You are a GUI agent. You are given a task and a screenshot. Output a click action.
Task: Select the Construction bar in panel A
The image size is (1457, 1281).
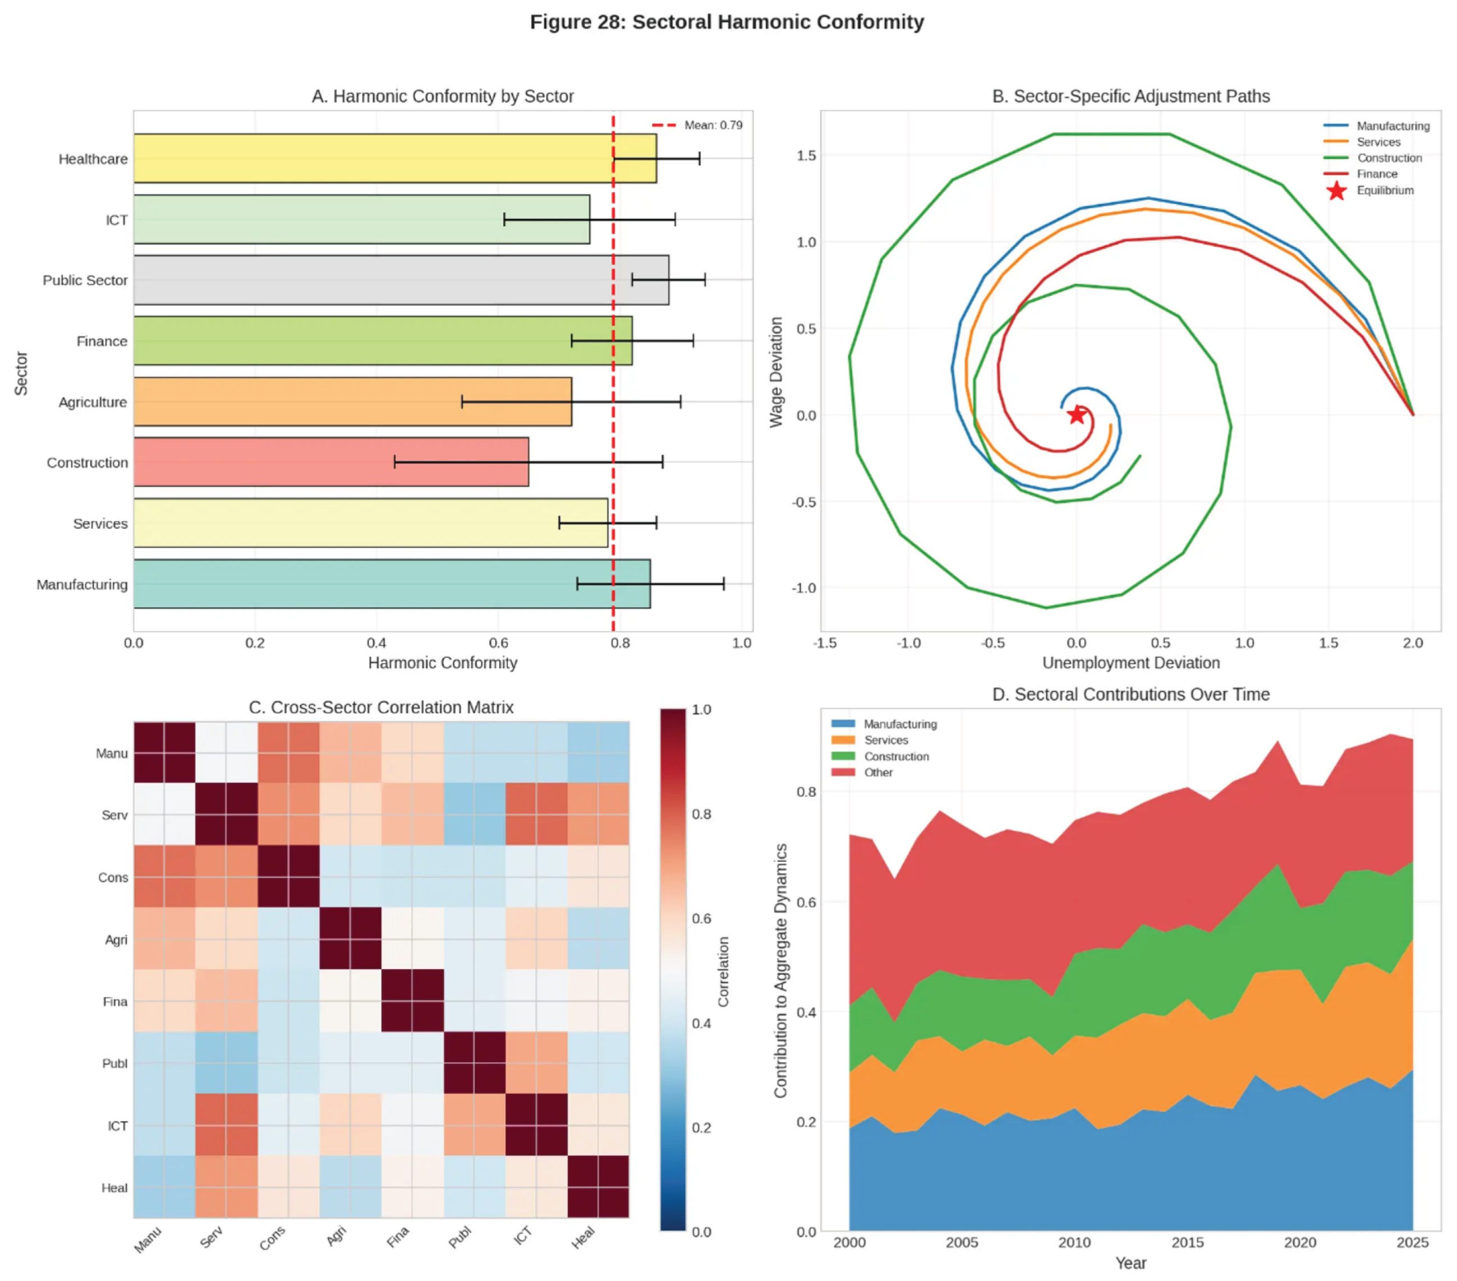coord(331,463)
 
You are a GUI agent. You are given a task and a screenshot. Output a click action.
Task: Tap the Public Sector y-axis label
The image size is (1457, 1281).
coord(85,280)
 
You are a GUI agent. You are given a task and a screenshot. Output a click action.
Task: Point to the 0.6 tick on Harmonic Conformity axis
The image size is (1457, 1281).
coord(498,642)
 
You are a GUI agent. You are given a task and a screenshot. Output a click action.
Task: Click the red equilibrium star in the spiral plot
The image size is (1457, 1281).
coord(1077,415)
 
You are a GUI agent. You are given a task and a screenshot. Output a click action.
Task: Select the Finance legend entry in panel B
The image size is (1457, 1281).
coord(1376,174)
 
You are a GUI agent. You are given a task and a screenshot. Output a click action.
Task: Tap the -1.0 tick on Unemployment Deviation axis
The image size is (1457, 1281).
coord(908,642)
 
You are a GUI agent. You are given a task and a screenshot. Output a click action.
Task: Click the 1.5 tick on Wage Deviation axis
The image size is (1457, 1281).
coord(806,155)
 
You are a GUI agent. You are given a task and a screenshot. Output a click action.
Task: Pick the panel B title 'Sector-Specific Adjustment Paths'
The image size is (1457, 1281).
coord(1130,96)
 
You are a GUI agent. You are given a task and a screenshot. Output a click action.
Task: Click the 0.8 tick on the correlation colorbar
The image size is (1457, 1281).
coord(701,813)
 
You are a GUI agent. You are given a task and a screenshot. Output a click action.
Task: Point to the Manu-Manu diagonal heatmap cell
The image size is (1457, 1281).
coord(164,752)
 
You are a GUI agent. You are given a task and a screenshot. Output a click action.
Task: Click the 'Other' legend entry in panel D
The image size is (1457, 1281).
coord(878,773)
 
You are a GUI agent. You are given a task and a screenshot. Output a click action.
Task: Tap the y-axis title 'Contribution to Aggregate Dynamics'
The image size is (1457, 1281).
coord(780,970)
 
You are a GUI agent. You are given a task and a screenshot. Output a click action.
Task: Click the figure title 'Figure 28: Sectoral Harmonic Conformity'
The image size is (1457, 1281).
coord(727,22)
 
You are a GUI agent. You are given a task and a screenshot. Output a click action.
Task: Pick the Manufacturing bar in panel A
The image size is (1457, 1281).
coord(392,584)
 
